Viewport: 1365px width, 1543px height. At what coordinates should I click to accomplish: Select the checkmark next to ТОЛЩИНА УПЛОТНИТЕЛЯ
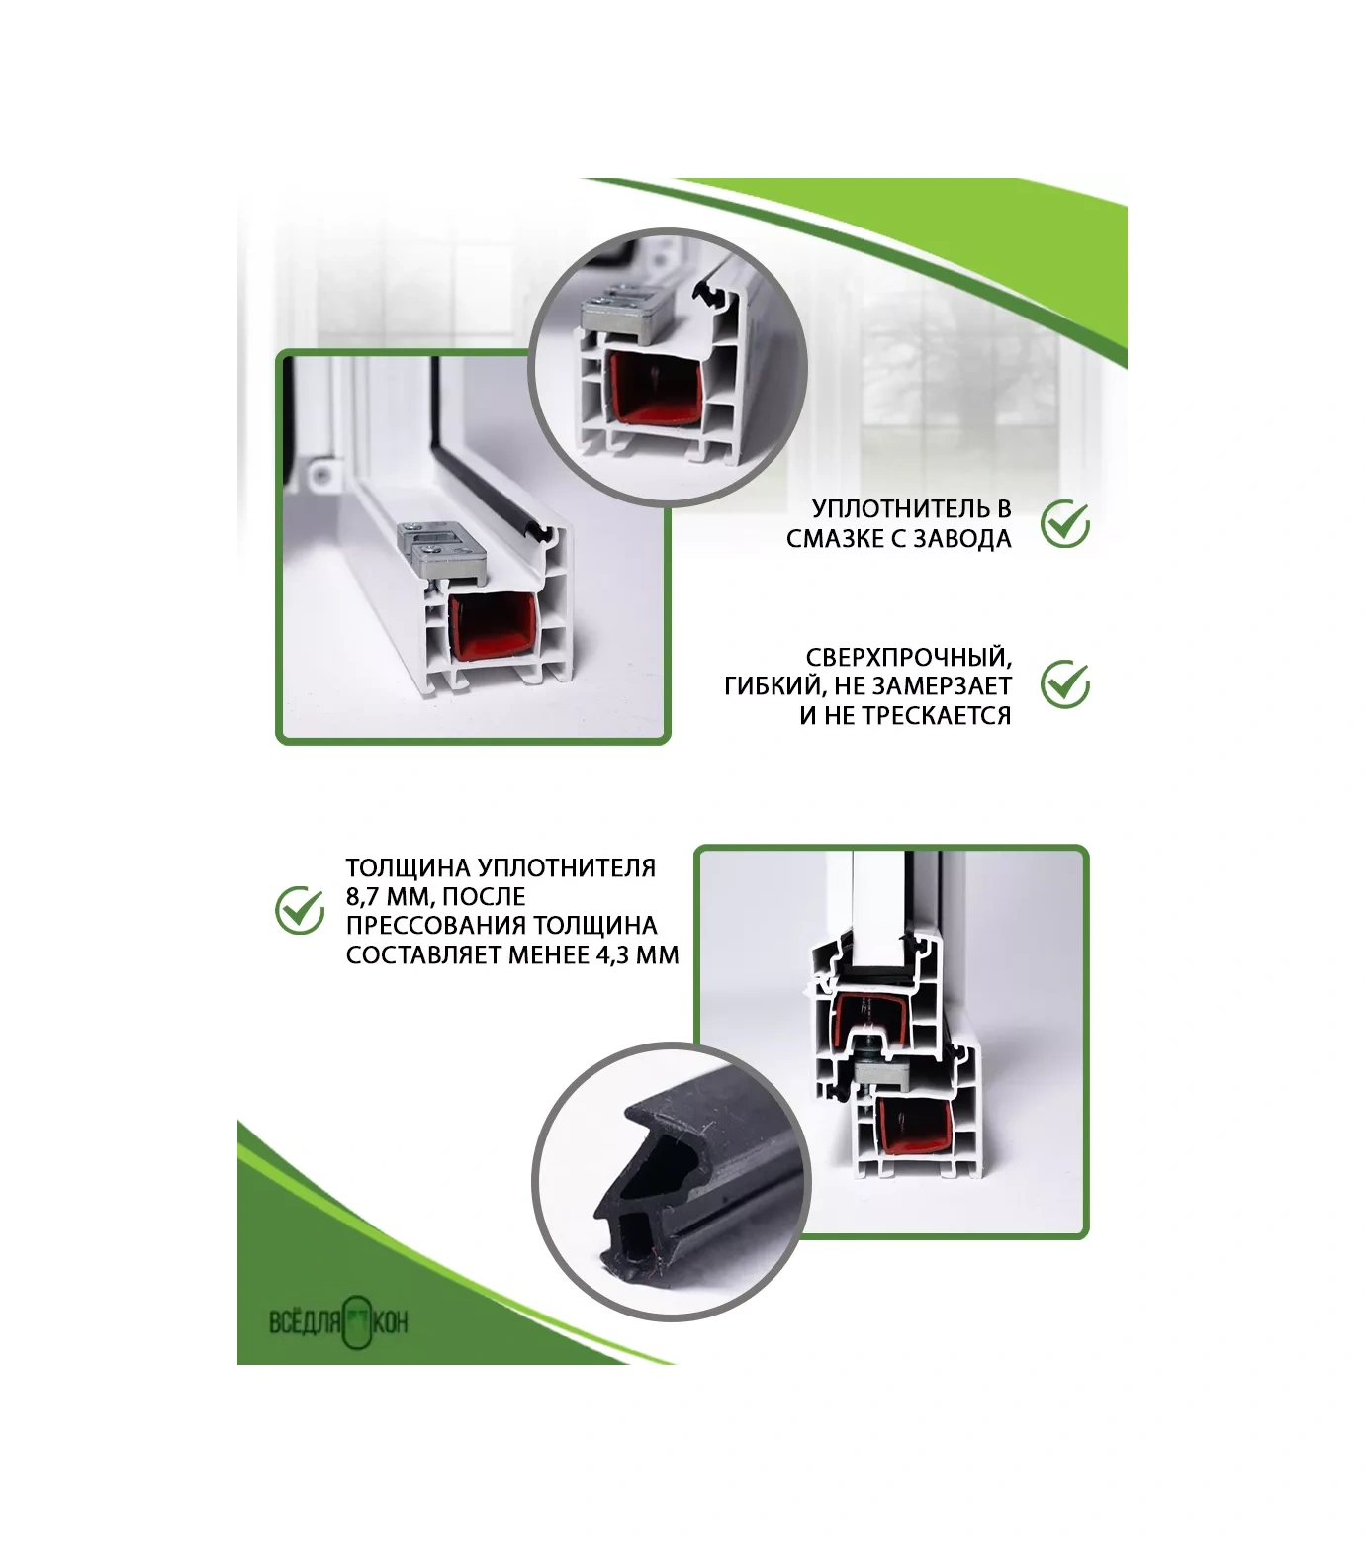pyautogui.click(x=299, y=911)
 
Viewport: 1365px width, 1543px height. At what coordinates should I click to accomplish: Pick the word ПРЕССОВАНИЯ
pyautogui.click(x=436, y=926)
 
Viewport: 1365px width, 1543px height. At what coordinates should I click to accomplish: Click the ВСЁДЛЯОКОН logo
pyautogui.click(x=338, y=1322)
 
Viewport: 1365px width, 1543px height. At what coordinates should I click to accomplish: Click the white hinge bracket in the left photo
pyautogui.click(x=320, y=476)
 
